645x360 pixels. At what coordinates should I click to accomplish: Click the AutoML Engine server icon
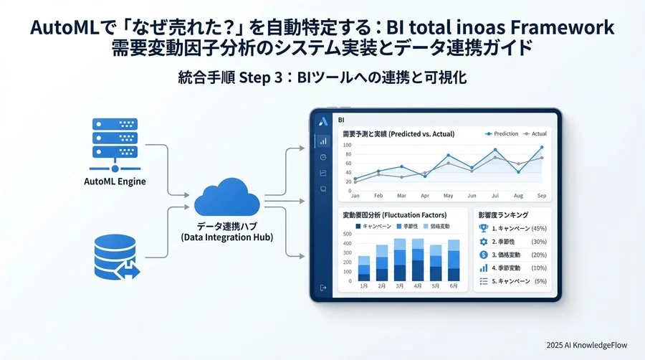pyautogui.click(x=114, y=140)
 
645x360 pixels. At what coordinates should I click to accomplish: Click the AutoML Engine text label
pyautogui.click(x=115, y=181)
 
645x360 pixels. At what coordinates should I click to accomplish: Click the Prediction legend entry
pyautogui.click(x=501, y=133)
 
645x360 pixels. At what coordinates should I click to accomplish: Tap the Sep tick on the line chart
pyautogui.click(x=541, y=196)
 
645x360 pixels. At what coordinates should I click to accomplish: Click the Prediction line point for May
pyautogui.click(x=448, y=155)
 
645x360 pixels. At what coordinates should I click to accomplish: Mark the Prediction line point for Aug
pyautogui.click(x=518, y=171)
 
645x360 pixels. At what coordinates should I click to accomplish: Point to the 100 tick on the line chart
pyautogui.click(x=348, y=144)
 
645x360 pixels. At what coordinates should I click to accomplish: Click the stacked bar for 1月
pyautogui.click(x=364, y=268)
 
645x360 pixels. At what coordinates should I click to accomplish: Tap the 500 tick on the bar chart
pyautogui.click(x=348, y=234)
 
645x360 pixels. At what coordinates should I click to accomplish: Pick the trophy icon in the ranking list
pyautogui.click(x=483, y=228)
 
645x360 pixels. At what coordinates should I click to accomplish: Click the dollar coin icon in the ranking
pyautogui.click(x=483, y=255)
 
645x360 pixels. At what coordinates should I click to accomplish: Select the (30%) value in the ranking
pyautogui.click(x=538, y=242)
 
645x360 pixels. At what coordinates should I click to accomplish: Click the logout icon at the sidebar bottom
pyautogui.click(x=323, y=288)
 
